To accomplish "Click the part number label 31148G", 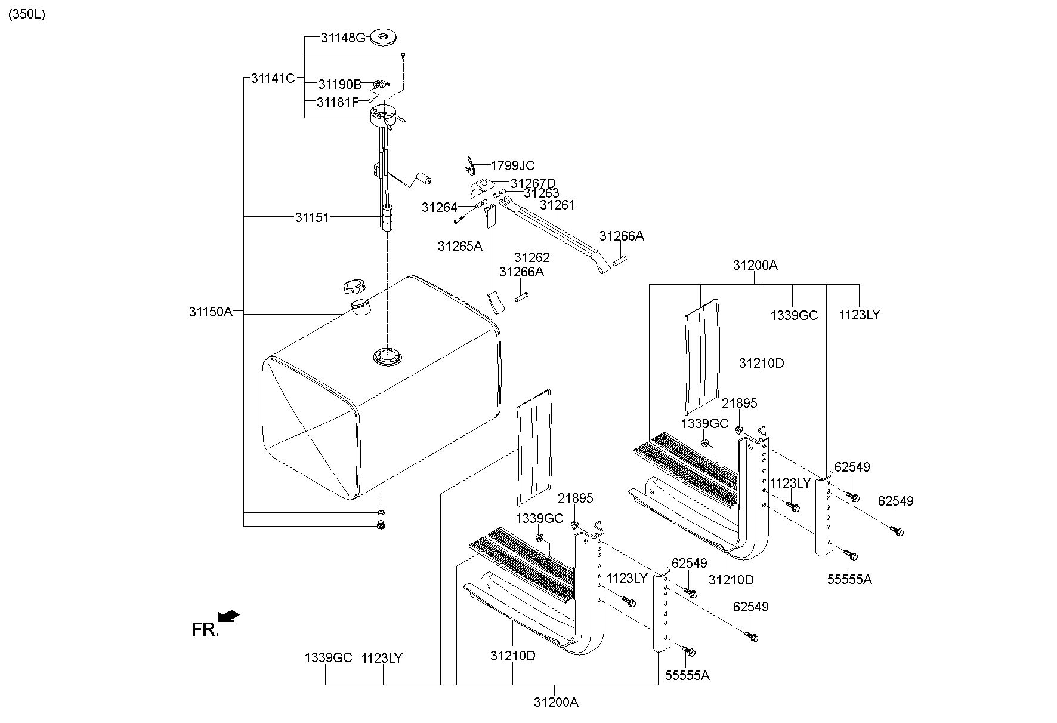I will pyautogui.click(x=342, y=38).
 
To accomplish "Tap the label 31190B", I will pyautogui.click(x=339, y=84).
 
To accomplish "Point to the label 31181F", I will pyautogui.click(x=338, y=102).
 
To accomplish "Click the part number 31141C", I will pyautogui.click(x=273, y=78).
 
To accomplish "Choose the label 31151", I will pyautogui.click(x=312, y=217).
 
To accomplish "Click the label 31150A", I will pyautogui.click(x=211, y=311).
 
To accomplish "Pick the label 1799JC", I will pyautogui.click(x=512, y=165).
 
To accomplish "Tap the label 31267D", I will pyautogui.click(x=533, y=183).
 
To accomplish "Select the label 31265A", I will pyautogui.click(x=459, y=245).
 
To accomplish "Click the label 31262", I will pyautogui.click(x=531, y=257).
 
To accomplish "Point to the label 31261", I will pyautogui.click(x=557, y=205).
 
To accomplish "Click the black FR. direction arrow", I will pyautogui.click(x=228, y=616).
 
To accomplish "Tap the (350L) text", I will pyautogui.click(x=26, y=14).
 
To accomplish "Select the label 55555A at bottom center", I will pyautogui.click(x=687, y=675).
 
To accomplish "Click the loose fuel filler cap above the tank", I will pyautogui.click(x=354, y=287).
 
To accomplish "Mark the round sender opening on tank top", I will pyautogui.click(x=387, y=357).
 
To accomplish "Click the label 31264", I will pyautogui.click(x=439, y=207).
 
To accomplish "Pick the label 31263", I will pyautogui.click(x=542, y=193).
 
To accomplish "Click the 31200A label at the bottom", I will pyautogui.click(x=556, y=702).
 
